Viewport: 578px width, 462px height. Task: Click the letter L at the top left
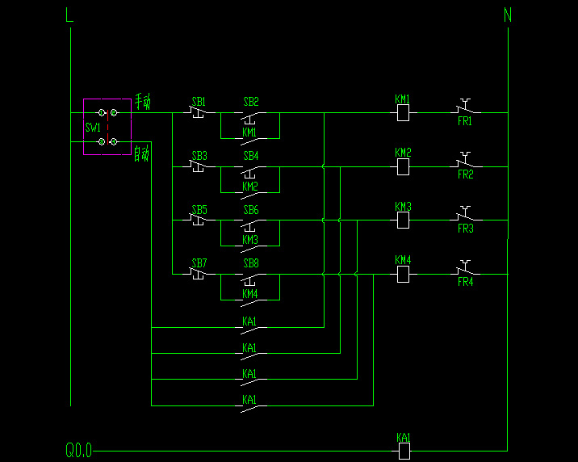[x=69, y=15]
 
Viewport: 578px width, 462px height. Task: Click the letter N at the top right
[x=508, y=15]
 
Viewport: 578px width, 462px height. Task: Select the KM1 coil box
[x=403, y=113]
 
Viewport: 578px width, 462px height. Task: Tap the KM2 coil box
[x=403, y=167]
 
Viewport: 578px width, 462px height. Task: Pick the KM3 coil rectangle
[x=403, y=220]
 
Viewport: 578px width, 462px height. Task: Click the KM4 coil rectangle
[x=403, y=275]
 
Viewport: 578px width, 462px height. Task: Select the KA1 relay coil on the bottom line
[x=404, y=450]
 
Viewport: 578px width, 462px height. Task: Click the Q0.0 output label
[x=78, y=450]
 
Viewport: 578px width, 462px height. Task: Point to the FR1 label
[x=465, y=121]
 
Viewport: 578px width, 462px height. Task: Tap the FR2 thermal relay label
[x=465, y=174]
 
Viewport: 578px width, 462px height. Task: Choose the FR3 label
[x=465, y=229]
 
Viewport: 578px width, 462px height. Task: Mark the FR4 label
[x=465, y=282]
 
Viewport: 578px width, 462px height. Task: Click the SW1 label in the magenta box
[x=93, y=128]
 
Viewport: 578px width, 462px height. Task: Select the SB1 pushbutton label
[x=199, y=103]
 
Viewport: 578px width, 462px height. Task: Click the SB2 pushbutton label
[x=251, y=103]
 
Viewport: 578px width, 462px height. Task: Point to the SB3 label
[x=199, y=156]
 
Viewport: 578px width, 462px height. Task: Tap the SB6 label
[x=251, y=210]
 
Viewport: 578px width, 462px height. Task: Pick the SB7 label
[x=199, y=263]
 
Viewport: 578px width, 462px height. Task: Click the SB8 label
[x=251, y=263]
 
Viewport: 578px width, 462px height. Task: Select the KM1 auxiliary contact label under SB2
[x=250, y=132]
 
